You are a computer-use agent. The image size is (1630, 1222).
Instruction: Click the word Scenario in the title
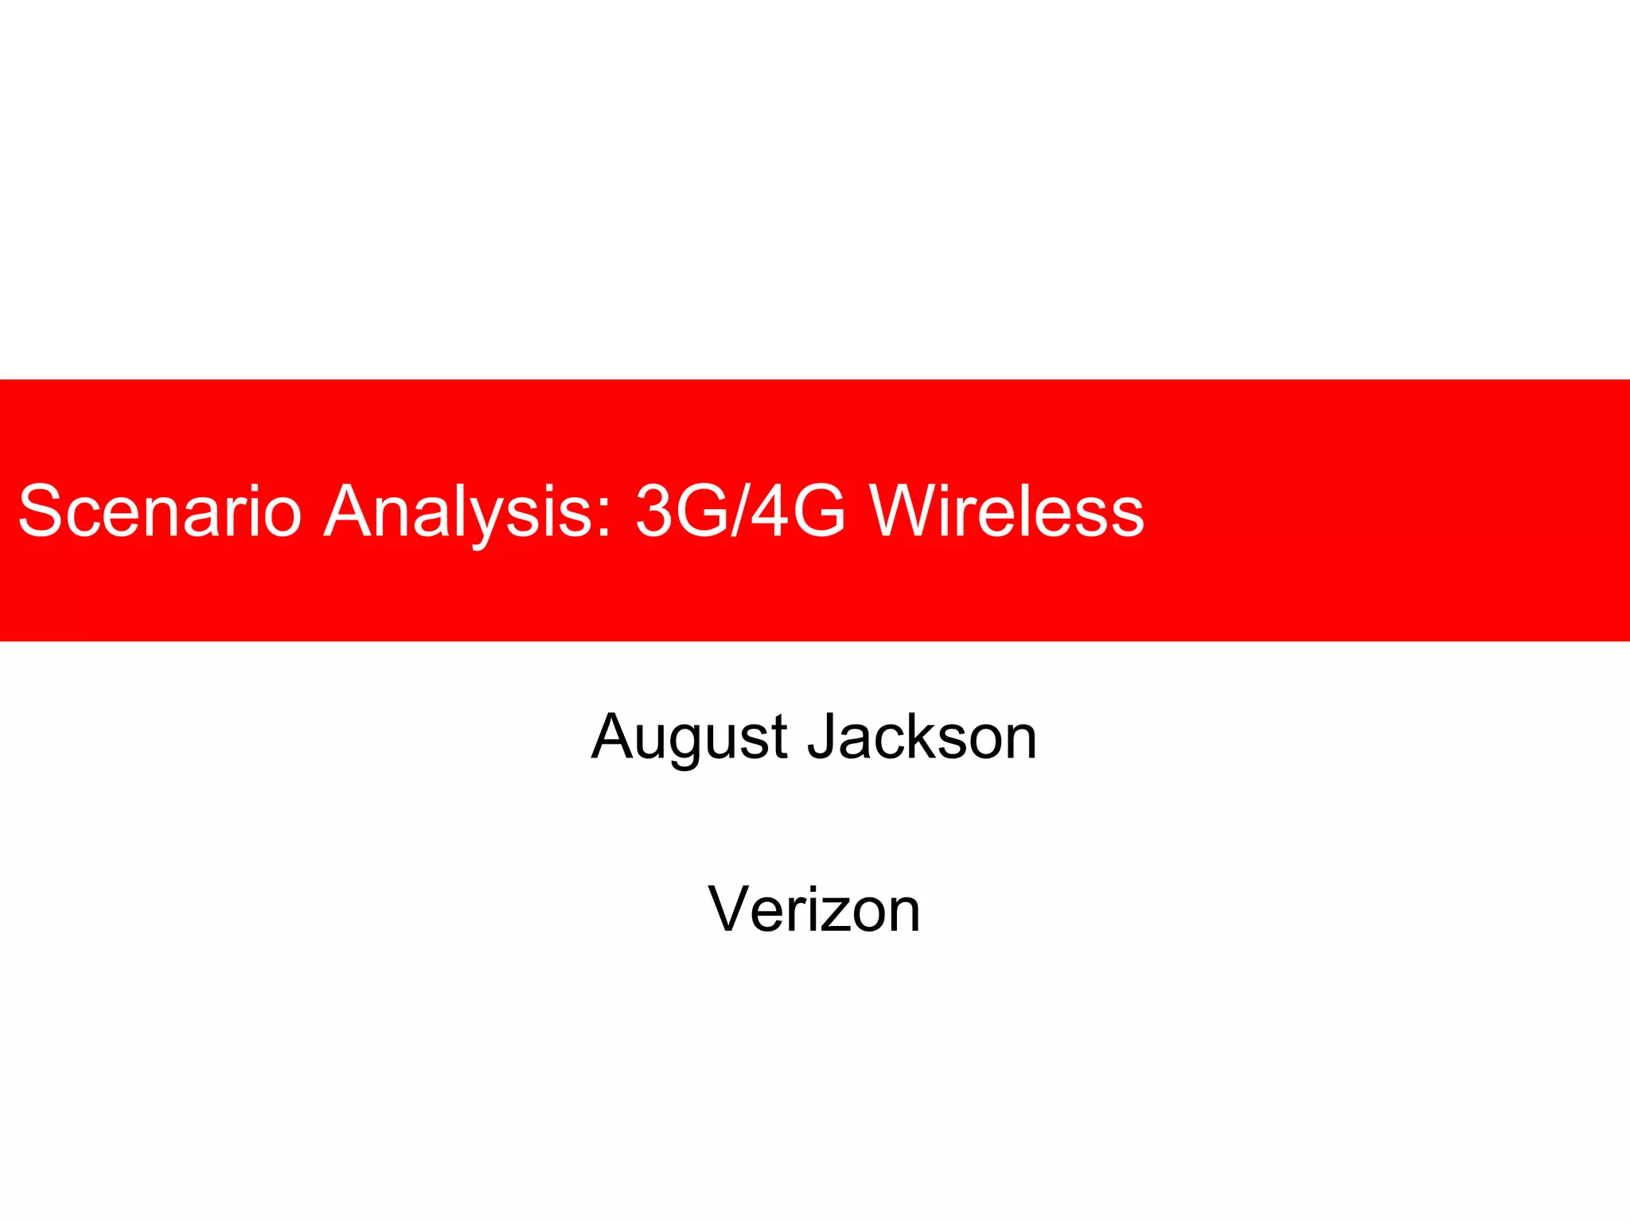159,511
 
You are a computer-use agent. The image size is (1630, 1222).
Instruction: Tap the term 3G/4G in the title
740,511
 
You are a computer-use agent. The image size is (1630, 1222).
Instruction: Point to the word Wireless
1006,511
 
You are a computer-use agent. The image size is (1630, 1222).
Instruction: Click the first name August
689,737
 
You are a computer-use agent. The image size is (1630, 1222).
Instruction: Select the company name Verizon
814,909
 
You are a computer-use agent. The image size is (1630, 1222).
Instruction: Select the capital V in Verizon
730,909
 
